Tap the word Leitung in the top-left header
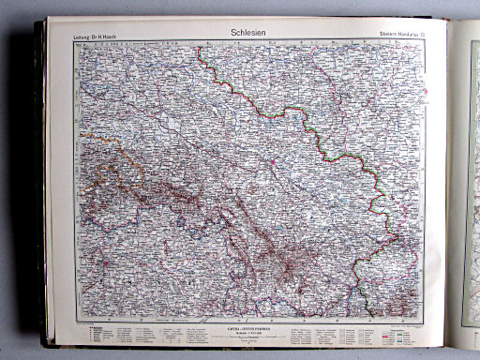[83, 37]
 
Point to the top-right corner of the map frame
[427, 42]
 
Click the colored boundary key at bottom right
[394, 330]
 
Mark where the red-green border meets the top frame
[200, 43]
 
